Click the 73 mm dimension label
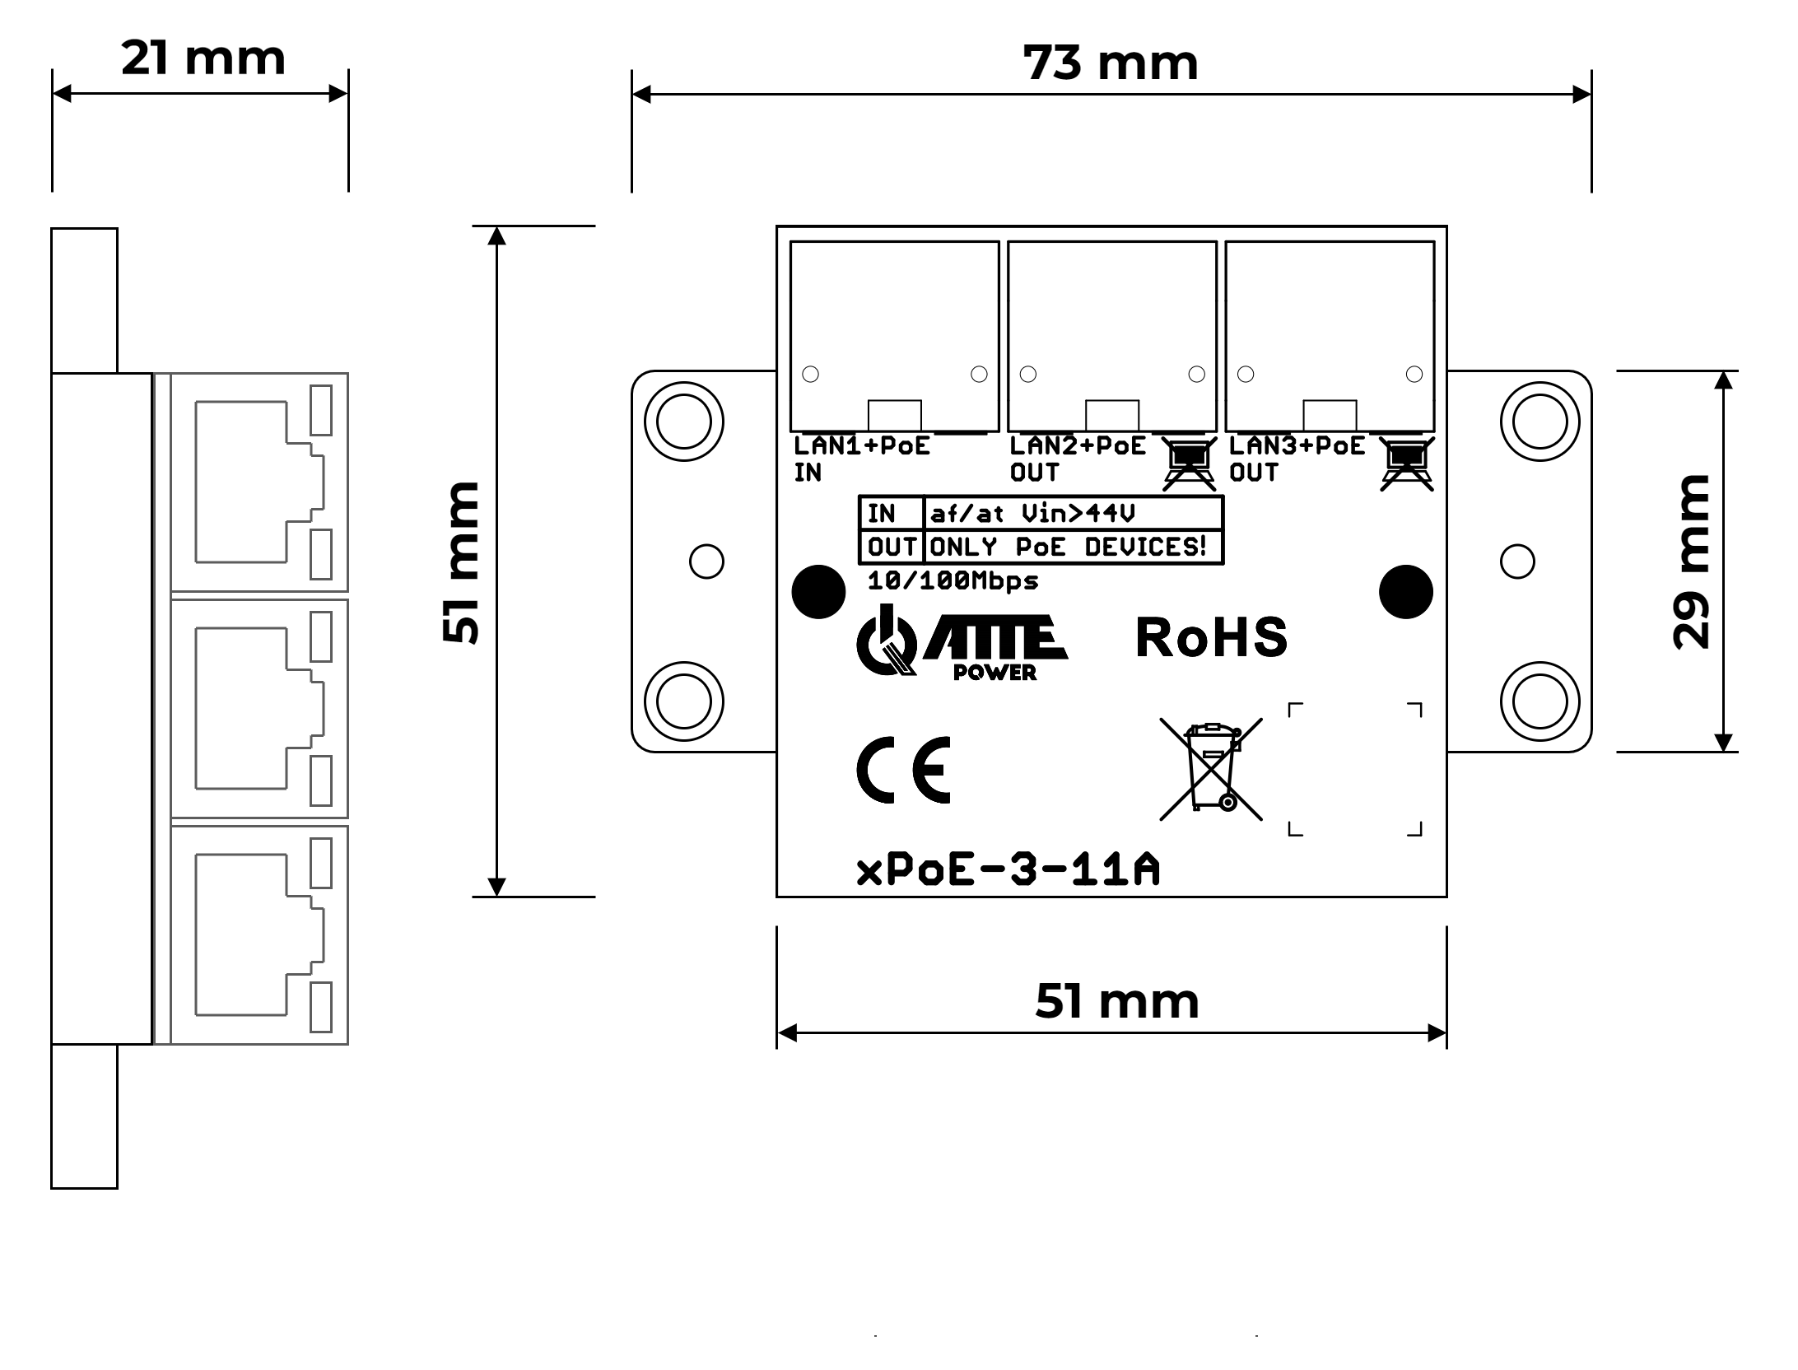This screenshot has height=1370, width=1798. click(x=1110, y=63)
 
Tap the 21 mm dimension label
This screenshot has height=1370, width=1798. click(x=203, y=58)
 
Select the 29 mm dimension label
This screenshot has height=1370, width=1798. click(x=1692, y=562)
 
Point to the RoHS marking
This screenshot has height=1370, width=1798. click(x=1211, y=637)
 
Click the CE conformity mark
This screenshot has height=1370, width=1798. click(x=904, y=770)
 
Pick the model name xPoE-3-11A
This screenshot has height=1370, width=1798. click(x=1008, y=869)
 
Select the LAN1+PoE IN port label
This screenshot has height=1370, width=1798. click(x=861, y=459)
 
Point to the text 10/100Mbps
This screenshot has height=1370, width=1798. click(x=953, y=580)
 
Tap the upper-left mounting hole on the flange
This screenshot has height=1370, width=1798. click(x=683, y=422)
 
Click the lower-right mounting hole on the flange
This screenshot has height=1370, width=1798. click(x=1539, y=701)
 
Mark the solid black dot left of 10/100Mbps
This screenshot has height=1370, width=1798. click(x=818, y=591)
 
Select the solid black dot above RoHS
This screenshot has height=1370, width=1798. click(x=1405, y=591)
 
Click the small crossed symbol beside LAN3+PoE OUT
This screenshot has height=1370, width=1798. click(x=1407, y=464)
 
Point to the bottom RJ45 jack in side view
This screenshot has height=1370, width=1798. click(x=259, y=934)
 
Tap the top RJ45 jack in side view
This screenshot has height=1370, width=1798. click(x=259, y=482)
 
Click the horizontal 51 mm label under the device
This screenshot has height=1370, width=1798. click(x=1116, y=1001)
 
